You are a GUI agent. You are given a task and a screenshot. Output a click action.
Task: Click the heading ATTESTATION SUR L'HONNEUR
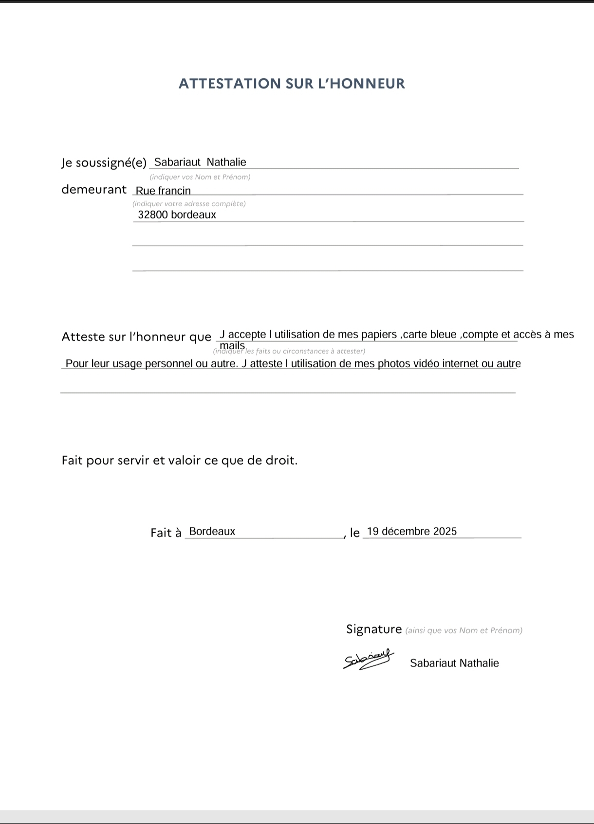coord(292,84)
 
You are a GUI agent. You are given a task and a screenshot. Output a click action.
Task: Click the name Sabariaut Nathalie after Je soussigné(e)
coord(200,162)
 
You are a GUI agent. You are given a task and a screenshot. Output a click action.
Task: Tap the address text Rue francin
coord(163,191)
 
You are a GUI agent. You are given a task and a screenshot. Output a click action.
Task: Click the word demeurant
coord(93,190)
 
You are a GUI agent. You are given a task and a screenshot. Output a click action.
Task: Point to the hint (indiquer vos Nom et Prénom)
coord(200,177)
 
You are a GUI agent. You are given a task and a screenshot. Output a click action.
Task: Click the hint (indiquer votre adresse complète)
coord(189,204)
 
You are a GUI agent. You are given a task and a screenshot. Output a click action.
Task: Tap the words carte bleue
coord(430,335)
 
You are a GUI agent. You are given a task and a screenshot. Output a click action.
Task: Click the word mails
coord(232,345)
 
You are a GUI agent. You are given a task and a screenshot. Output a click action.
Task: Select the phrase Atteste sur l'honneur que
coord(136,337)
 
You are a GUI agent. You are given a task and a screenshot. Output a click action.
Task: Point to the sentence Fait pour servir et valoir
coord(179,460)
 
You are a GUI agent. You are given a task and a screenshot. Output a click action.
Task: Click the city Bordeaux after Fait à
coord(212,532)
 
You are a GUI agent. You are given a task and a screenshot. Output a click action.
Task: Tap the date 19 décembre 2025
coord(412,532)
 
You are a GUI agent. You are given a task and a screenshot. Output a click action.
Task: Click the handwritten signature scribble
coord(369,659)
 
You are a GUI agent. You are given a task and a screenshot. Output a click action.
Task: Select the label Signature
coord(374,629)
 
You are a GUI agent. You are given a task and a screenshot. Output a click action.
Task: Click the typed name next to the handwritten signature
coord(454,663)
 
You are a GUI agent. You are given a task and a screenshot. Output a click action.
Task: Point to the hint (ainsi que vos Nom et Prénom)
coord(464,631)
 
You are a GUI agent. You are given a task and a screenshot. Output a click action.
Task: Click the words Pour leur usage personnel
coord(129,364)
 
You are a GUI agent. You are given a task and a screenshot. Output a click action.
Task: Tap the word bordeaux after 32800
coord(193,215)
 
